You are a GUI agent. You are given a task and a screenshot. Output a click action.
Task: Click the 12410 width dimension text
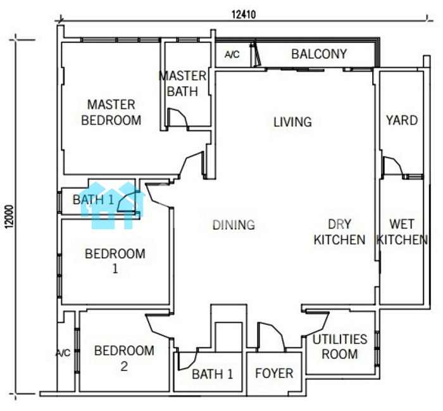click(x=244, y=15)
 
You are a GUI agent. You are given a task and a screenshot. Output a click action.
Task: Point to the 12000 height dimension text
click(x=9, y=216)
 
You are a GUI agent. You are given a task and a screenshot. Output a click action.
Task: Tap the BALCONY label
click(x=319, y=54)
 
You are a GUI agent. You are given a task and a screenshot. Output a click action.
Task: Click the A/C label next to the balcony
click(x=232, y=54)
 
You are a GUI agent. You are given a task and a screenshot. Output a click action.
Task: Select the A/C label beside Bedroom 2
click(x=63, y=353)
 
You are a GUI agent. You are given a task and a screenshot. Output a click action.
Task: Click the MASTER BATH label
click(x=183, y=84)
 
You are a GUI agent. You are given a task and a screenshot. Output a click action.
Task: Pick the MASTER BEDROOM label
click(x=111, y=113)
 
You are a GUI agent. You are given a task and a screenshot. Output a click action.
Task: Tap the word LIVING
click(x=292, y=122)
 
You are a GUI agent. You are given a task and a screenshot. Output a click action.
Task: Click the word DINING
click(x=234, y=225)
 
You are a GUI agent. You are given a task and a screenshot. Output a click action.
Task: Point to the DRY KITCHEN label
click(x=340, y=232)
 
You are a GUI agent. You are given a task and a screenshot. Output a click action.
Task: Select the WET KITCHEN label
click(x=402, y=232)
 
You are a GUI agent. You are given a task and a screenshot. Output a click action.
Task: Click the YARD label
click(x=402, y=120)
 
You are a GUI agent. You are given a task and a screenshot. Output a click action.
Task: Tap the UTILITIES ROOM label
click(x=340, y=346)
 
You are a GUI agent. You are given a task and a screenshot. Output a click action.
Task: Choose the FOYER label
click(x=274, y=373)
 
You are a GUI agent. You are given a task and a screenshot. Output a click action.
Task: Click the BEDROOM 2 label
click(x=124, y=358)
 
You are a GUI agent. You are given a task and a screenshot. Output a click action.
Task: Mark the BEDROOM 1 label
click(x=115, y=261)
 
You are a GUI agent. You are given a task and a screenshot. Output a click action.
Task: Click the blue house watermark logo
click(x=113, y=205)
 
